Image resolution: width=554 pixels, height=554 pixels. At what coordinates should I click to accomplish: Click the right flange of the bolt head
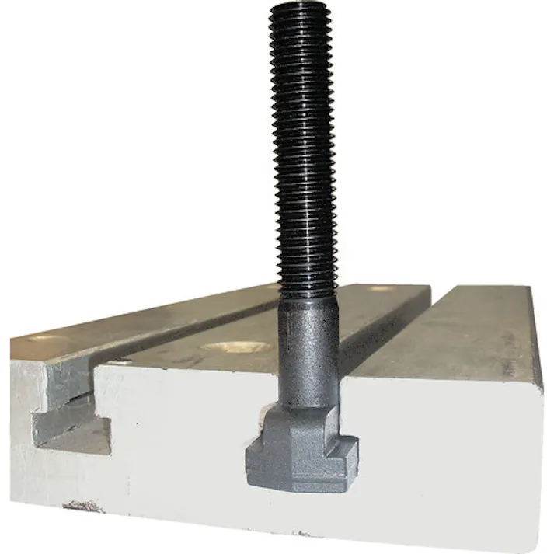click(346, 451)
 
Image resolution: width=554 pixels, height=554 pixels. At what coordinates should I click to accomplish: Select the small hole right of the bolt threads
click(380, 288)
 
